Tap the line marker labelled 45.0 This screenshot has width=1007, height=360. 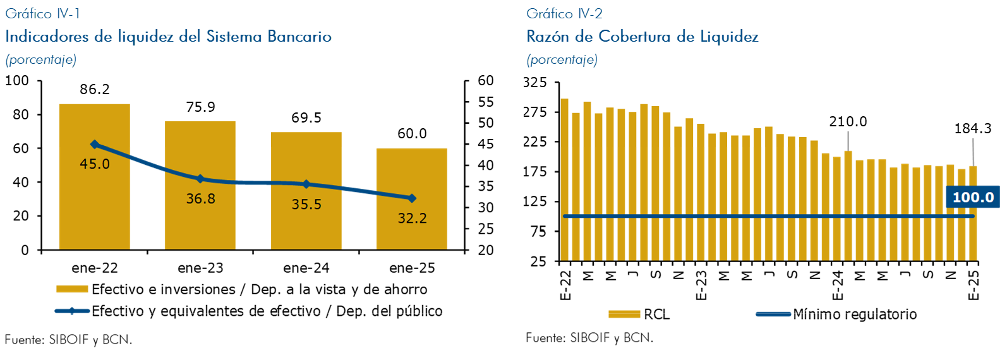click(x=95, y=145)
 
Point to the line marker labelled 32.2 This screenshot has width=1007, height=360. click(x=412, y=198)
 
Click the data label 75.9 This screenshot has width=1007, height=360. click(x=200, y=107)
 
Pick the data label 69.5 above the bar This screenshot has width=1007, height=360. click(x=306, y=118)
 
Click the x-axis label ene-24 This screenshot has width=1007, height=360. click(x=306, y=268)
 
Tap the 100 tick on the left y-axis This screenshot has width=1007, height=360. click(x=17, y=81)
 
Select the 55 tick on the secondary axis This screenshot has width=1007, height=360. click(x=485, y=102)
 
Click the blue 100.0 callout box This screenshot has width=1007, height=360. click(x=973, y=197)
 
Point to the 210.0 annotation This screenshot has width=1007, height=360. click(x=848, y=121)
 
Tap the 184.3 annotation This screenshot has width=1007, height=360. click(x=973, y=129)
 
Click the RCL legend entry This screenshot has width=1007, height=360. click(x=639, y=314)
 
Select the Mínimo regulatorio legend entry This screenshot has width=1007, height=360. click(x=837, y=314)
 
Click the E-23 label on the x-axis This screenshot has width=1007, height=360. click(x=701, y=285)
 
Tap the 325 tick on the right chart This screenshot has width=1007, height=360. click(x=534, y=83)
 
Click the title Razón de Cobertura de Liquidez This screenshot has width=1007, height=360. click(x=642, y=37)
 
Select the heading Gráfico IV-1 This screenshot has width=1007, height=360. click(x=42, y=13)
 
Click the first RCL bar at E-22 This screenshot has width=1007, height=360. click(x=565, y=180)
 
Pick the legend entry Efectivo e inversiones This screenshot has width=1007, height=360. click(x=243, y=289)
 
